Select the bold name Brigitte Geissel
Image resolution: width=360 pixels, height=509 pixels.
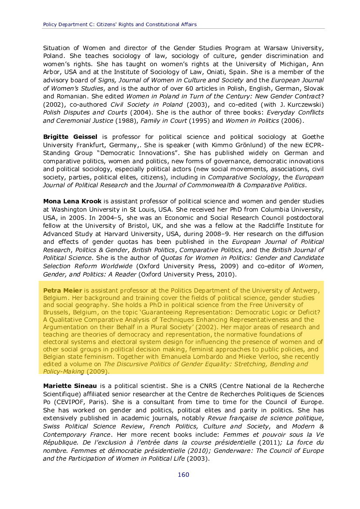coord(69,136)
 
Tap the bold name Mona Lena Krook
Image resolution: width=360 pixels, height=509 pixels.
coord(72,201)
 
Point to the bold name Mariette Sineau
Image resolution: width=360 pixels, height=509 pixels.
coord(70,386)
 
